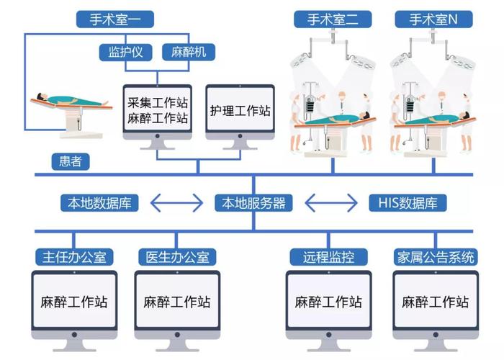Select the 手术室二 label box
pyautogui.click(x=333, y=19)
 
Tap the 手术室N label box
pyautogui.click(x=433, y=19)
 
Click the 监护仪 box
pyautogui.click(x=125, y=53)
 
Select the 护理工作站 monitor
pyautogui.click(x=240, y=111)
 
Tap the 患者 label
pyautogui.click(x=70, y=161)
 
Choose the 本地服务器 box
pyautogui.click(x=254, y=202)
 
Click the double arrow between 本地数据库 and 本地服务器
pyautogui.click(x=176, y=202)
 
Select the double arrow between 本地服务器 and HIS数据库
pyautogui.click(x=332, y=202)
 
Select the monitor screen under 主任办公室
pyautogui.click(x=73, y=301)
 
